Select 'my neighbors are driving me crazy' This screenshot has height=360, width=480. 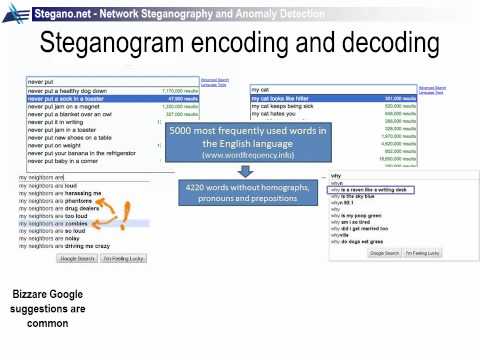pos(70,245)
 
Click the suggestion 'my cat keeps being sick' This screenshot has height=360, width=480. pos(286,106)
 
